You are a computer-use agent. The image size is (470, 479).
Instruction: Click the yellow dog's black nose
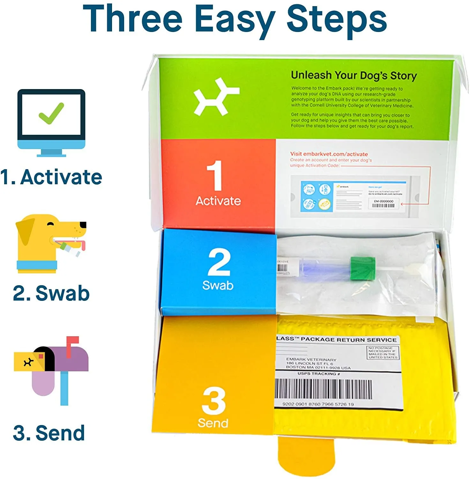point(83,225)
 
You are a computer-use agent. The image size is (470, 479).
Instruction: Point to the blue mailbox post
point(64,388)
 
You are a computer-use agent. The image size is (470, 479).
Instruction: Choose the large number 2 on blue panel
point(219,262)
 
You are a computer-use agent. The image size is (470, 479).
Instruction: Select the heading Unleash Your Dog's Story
point(354,75)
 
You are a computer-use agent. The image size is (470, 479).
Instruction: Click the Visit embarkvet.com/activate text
point(329,154)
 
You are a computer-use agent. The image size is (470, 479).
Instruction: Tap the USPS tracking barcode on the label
point(323,389)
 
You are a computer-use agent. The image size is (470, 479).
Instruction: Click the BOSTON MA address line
point(318,368)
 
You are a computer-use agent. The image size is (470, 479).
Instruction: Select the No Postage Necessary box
point(383,353)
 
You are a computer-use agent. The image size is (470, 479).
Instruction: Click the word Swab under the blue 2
point(218,285)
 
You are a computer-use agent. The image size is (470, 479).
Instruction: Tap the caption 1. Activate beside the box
point(51,177)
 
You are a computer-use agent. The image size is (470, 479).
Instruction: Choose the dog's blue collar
point(37,265)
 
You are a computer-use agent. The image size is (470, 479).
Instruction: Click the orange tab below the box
point(306,457)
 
